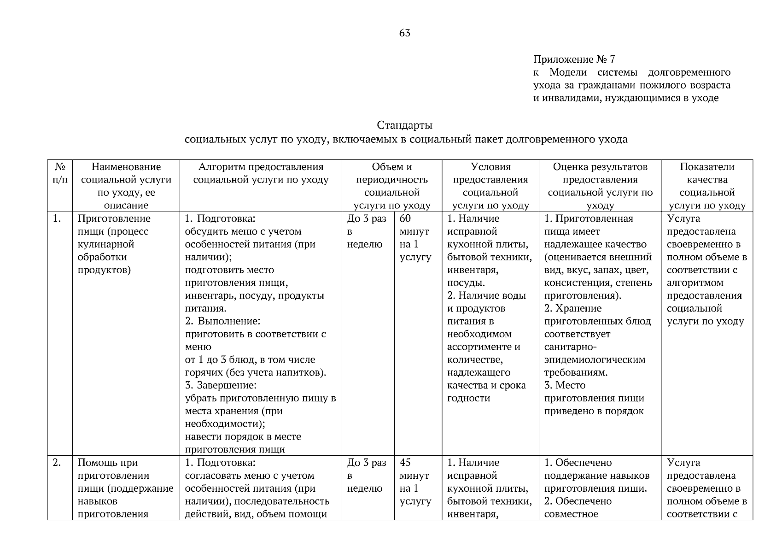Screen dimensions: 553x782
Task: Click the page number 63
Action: (x=405, y=33)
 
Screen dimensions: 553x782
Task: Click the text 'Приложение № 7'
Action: (x=574, y=59)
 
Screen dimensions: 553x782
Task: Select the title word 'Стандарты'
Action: (x=405, y=125)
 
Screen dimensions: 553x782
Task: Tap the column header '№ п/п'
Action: (x=60, y=173)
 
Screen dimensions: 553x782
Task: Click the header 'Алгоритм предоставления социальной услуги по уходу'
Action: (x=261, y=173)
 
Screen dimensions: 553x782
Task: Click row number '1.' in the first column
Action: (x=57, y=219)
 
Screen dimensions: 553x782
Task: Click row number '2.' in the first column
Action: (x=57, y=463)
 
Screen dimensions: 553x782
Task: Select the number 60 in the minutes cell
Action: (x=405, y=219)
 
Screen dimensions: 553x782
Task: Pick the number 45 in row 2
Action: (x=405, y=463)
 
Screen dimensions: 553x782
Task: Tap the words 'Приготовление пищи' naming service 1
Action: (x=114, y=225)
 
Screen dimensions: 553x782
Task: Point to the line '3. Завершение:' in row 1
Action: (x=221, y=385)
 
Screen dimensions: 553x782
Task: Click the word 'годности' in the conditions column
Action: (x=468, y=398)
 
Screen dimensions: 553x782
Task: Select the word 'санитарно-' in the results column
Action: (x=571, y=347)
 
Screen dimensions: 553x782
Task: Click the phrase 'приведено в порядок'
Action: (x=594, y=411)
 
